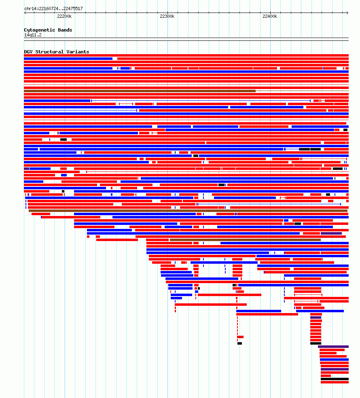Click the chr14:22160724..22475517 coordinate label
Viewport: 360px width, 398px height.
53,8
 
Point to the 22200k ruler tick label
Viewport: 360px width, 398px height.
64,16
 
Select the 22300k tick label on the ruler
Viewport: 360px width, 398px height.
167,16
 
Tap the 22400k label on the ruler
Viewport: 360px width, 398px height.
270,16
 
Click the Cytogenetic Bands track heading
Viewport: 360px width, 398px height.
48,30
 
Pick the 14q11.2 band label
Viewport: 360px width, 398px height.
33,35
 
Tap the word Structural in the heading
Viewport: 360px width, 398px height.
49,52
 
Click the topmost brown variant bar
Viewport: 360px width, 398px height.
140,91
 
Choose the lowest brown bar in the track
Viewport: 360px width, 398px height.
245,240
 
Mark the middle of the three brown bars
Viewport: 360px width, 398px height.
188,211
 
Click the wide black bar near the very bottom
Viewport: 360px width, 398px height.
335,379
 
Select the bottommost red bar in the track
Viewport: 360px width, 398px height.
335,382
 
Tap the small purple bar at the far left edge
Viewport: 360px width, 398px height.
26,169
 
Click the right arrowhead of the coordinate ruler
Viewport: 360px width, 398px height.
347,13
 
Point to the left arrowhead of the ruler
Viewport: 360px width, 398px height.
25,13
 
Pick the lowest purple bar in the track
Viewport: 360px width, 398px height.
335,369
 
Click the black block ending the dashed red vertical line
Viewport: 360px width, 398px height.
239,343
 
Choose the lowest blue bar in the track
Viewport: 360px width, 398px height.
335,360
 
